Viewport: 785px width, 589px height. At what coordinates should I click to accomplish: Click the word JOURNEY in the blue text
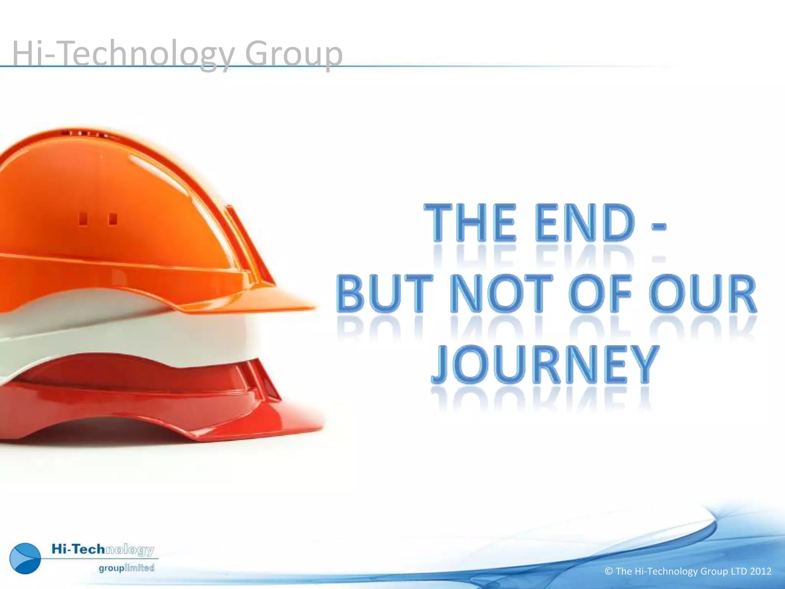(x=545, y=364)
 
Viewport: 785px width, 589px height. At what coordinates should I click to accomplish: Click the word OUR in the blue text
(x=703, y=293)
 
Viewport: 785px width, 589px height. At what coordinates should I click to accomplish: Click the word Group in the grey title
(x=294, y=54)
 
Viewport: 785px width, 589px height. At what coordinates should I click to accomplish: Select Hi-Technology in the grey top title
(x=123, y=54)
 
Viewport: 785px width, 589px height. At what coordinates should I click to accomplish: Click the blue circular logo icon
(x=25, y=558)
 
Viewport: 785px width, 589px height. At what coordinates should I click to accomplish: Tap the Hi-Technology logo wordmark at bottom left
(x=103, y=550)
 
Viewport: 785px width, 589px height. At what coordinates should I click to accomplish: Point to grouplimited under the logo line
(x=126, y=568)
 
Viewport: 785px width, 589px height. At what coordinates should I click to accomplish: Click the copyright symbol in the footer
(x=609, y=571)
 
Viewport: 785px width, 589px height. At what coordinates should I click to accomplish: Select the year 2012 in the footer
(x=760, y=571)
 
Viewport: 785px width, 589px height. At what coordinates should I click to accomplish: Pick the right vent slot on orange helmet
(x=113, y=219)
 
